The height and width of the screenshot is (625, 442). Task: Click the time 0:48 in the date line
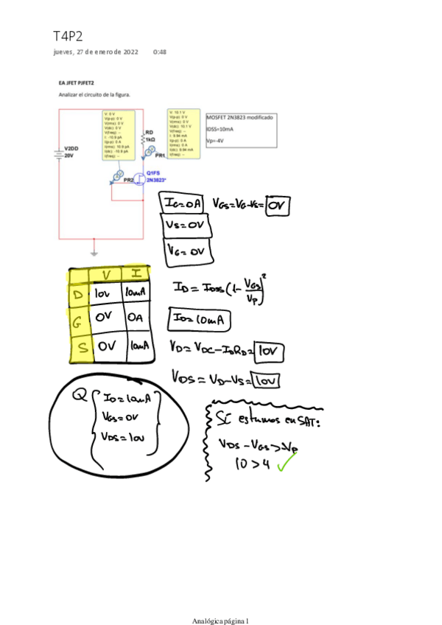tap(159, 52)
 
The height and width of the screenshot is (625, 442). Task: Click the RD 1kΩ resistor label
tap(150, 136)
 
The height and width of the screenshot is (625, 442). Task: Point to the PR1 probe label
tap(161, 157)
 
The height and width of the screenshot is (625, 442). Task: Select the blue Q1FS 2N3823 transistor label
tap(155, 176)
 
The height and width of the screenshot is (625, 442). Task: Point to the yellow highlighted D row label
tap(79, 296)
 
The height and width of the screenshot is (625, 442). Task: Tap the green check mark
tap(287, 464)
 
